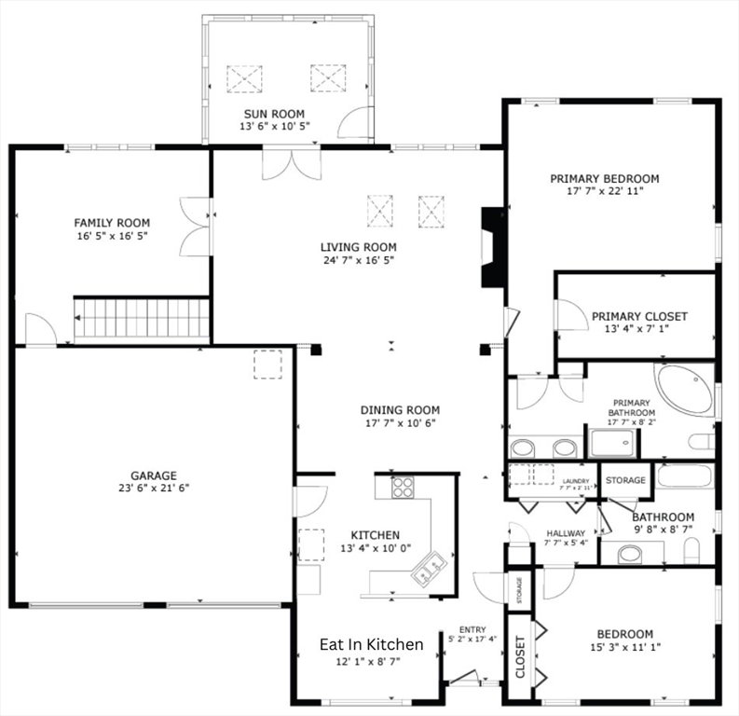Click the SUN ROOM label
pyautogui.click(x=274, y=114)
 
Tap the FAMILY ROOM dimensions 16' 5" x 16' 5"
pyautogui.click(x=113, y=236)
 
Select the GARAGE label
pyautogui.click(x=154, y=475)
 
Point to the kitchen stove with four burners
pyautogui.click(x=403, y=487)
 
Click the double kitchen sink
pyautogui.click(x=430, y=568)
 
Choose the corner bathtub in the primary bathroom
pyautogui.click(x=683, y=390)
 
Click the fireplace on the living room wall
pyautogui.click(x=492, y=247)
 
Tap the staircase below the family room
pyautogui.click(x=142, y=318)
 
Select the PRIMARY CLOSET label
pyautogui.click(x=639, y=316)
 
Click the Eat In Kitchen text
pyautogui.click(x=372, y=644)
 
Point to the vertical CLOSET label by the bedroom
pyautogui.click(x=520, y=656)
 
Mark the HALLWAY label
pyautogui.click(x=566, y=533)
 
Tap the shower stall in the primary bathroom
pyautogui.click(x=612, y=443)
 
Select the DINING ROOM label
pyautogui.click(x=400, y=410)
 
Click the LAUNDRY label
pyautogui.click(x=576, y=481)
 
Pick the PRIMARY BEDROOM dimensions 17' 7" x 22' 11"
pyautogui.click(x=605, y=191)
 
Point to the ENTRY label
pyautogui.click(x=472, y=629)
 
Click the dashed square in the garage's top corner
pyautogui.click(x=268, y=365)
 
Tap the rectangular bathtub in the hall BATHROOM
pyautogui.click(x=684, y=475)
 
